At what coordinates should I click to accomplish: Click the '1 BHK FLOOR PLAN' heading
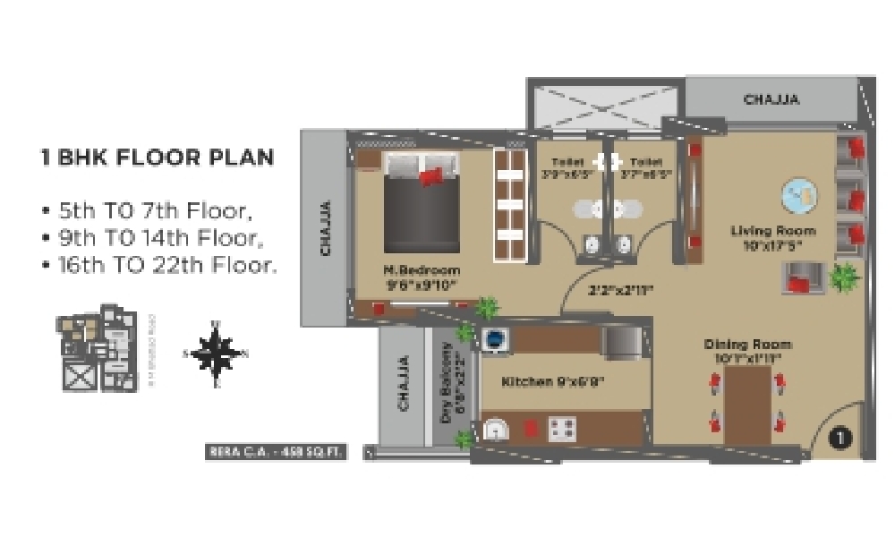pos(158,158)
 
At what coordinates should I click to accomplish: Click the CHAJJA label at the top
pos(771,99)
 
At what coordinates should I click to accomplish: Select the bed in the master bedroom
pos(421,201)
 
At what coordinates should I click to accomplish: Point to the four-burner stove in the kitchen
pos(563,429)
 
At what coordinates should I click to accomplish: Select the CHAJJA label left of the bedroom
pos(326,227)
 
